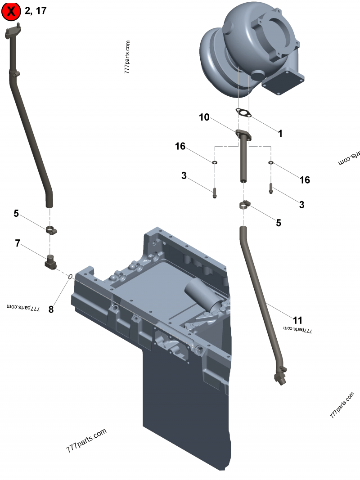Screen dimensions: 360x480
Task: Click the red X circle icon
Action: pos(11,11)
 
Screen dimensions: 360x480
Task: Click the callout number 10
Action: pos(204,117)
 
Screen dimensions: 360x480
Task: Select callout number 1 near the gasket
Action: pos(280,134)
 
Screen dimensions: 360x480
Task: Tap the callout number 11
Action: pos(297,320)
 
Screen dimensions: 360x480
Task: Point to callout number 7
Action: pos(18,243)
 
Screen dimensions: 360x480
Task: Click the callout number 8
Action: pos(51,309)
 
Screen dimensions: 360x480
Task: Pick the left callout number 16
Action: pos(180,146)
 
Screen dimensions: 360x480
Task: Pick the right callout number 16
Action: pos(305,179)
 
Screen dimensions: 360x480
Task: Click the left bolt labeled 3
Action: pos(214,193)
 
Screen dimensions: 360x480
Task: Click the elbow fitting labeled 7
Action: pos(49,262)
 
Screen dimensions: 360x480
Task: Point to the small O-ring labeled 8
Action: pos(70,276)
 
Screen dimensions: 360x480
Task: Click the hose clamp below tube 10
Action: pos(244,206)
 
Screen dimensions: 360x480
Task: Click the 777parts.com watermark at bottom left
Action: pos(86,440)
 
